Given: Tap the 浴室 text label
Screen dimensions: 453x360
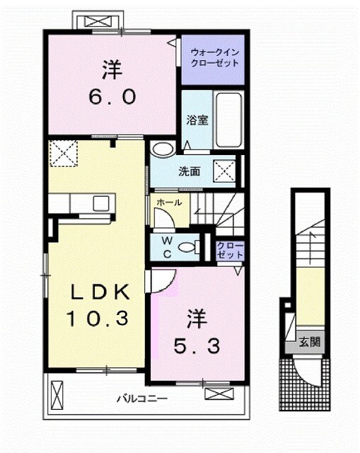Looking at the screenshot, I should pyautogui.click(x=197, y=120).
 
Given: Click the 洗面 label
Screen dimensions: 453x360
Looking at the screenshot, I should pyautogui.click(x=188, y=171).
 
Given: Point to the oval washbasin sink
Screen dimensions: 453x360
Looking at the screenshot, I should pyautogui.click(x=162, y=149).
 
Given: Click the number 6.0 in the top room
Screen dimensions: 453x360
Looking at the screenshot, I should pyautogui.click(x=112, y=98).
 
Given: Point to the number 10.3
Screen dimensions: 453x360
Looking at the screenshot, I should pyautogui.click(x=98, y=319).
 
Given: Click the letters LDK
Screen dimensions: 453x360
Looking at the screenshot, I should pyautogui.click(x=98, y=291).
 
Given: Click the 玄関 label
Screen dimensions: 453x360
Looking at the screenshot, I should pyautogui.click(x=308, y=342).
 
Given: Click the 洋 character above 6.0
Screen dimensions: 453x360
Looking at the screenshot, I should pyautogui.click(x=112, y=71).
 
